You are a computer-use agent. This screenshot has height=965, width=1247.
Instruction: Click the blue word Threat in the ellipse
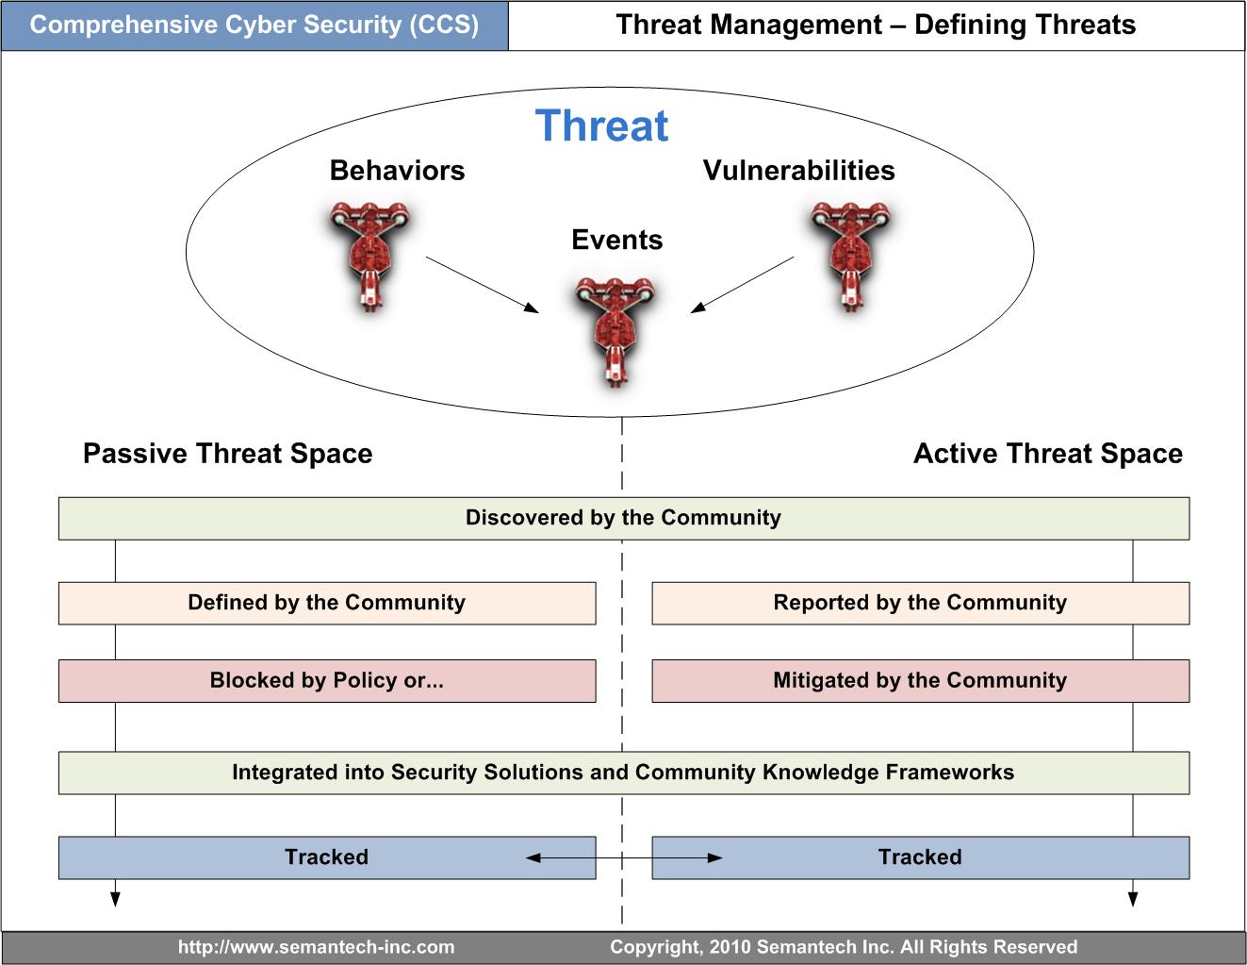tap(601, 126)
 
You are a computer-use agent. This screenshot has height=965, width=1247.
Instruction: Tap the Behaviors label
tap(397, 171)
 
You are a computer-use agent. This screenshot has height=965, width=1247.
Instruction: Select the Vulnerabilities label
tap(798, 171)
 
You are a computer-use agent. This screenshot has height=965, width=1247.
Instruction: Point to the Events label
tap(616, 241)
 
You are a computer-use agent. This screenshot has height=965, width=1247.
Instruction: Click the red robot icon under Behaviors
tap(369, 254)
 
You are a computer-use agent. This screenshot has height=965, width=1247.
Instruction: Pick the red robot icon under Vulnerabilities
tap(850, 254)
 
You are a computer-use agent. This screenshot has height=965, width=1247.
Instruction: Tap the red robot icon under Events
tap(615, 330)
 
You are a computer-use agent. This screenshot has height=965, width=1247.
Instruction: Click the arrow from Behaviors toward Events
tap(482, 284)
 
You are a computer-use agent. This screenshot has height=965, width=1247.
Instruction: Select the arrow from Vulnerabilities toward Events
tap(743, 284)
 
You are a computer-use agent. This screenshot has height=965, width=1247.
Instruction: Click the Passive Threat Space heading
tap(227, 454)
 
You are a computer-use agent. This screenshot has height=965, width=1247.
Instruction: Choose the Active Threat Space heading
tap(1047, 454)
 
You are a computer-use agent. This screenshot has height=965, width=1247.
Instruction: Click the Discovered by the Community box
tap(623, 518)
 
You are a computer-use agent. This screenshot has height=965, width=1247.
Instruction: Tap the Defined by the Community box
tap(326, 603)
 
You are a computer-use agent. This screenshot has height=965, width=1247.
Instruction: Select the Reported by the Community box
tap(920, 603)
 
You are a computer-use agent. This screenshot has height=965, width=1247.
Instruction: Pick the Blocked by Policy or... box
tap(326, 681)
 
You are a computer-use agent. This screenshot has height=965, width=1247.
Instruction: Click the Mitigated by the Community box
tap(920, 681)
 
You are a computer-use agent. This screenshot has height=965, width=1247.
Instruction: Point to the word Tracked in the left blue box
tap(326, 857)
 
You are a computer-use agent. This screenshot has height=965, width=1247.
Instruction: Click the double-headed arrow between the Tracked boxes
tap(624, 857)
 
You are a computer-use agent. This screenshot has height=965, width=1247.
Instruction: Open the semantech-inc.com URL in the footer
tap(316, 947)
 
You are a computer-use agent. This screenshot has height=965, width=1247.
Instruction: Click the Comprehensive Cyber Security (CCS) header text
tap(254, 25)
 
